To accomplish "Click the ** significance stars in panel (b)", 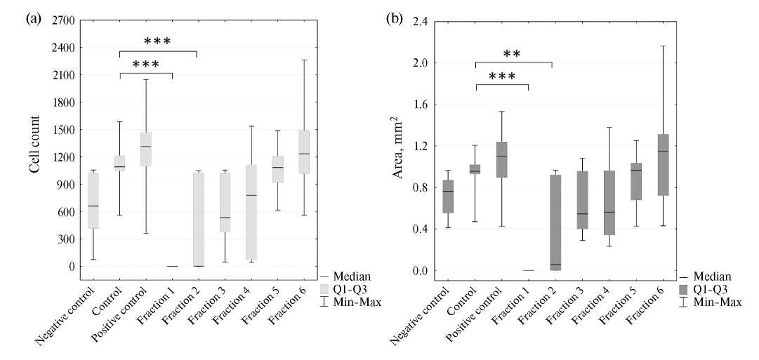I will click(512, 54).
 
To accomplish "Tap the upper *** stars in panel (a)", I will click(157, 41).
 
